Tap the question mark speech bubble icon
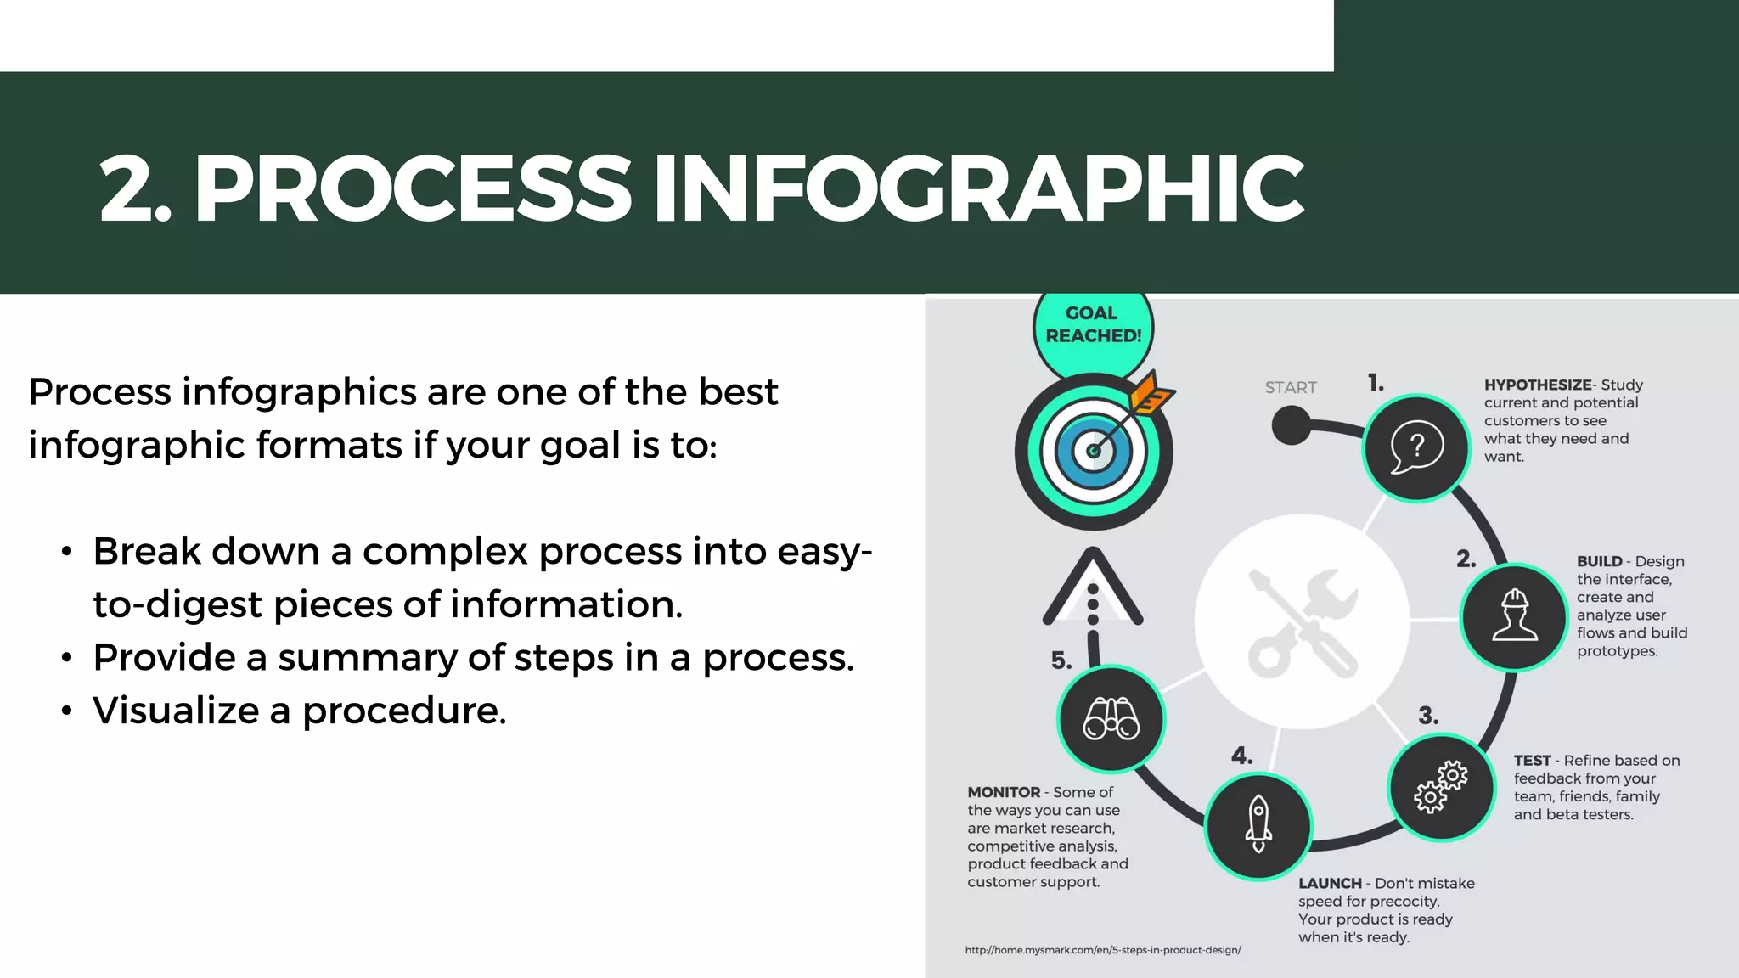(x=1415, y=447)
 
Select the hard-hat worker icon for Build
(x=1514, y=616)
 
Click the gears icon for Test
(x=1441, y=787)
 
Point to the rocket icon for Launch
(x=1258, y=825)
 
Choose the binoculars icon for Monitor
(x=1111, y=719)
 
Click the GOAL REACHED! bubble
(x=1093, y=325)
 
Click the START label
(x=1291, y=388)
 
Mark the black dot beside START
(x=1292, y=424)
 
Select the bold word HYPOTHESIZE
(x=1537, y=385)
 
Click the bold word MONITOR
(x=1004, y=792)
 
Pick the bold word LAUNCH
(x=1330, y=884)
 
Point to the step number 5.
(x=1061, y=660)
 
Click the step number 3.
(x=1428, y=716)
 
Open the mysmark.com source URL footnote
(x=1103, y=950)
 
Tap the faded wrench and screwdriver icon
(x=1302, y=622)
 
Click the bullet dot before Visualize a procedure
(x=67, y=711)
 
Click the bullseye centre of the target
(x=1094, y=451)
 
